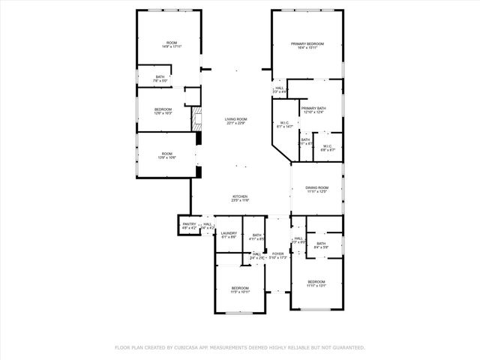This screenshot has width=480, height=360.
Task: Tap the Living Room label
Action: pyautogui.click(x=236, y=121)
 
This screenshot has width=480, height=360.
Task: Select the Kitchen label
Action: pyautogui.click(x=240, y=198)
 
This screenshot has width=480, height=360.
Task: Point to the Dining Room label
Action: pyautogui.click(x=316, y=189)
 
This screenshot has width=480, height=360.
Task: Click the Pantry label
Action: pyautogui.click(x=188, y=224)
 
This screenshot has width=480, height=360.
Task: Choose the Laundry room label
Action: pyautogui.click(x=229, y=235)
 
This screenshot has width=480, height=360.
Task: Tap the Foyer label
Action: pyautogui.click(x=277, y=255)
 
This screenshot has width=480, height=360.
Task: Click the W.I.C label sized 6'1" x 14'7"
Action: pyautogui.click(x=284, y=124)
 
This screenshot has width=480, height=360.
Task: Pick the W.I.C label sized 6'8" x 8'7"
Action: pyautogui.click(x=327, y=148)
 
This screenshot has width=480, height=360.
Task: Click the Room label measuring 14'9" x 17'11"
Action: pyautogui.click(x=172, y=44)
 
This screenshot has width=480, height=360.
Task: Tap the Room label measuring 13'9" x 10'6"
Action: pyautogui.click(x=166, y=155)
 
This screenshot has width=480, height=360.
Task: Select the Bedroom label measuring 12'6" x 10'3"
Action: pyautogui.click(x=163, y=111)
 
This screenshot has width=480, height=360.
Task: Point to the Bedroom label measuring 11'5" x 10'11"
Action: pyautogui.click(x=240, y=289)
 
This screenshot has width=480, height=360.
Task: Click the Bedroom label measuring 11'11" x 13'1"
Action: pyautogui.click(x=316, y=283)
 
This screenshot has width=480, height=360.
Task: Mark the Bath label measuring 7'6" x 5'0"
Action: pyautogui.click(x=160, y=78)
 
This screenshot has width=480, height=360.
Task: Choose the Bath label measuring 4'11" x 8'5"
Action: pyautogui.click(x=257, y=237)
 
